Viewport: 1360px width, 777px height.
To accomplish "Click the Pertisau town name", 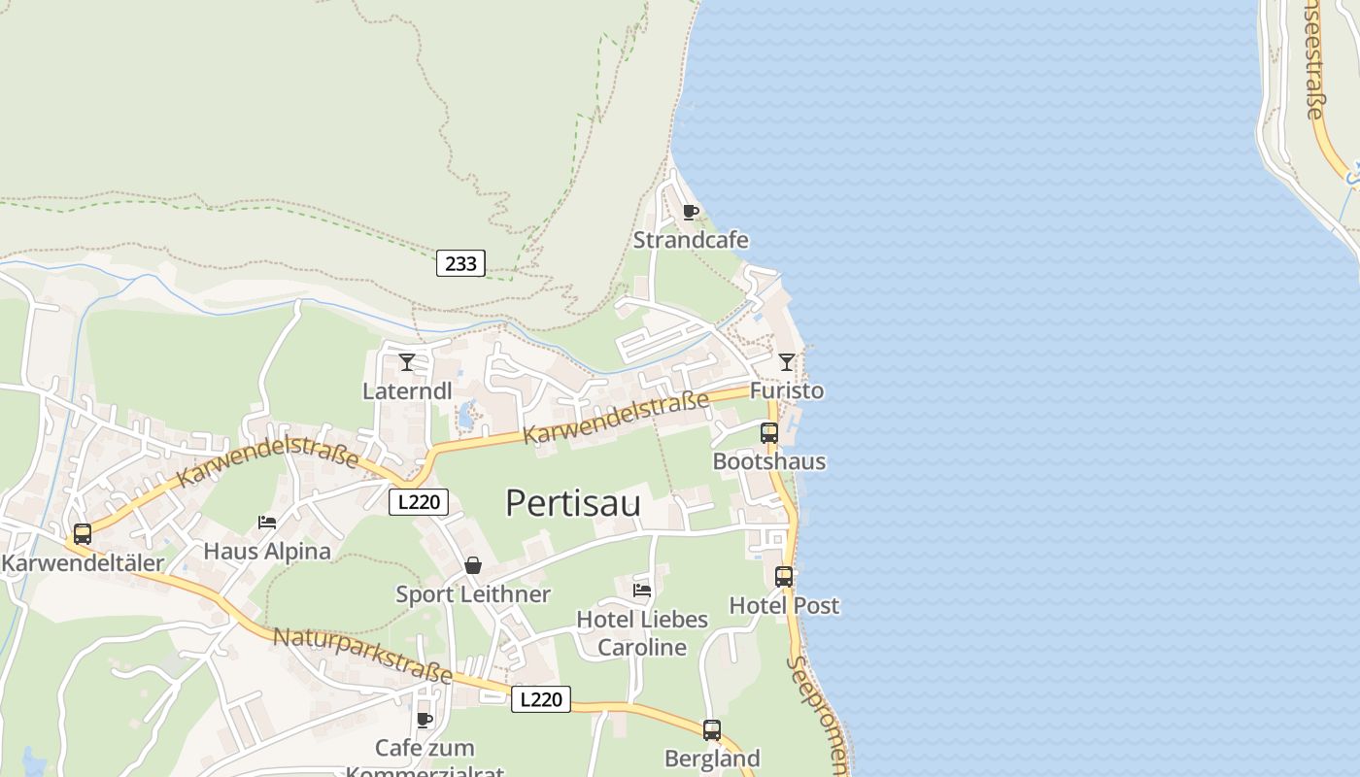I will pyautogui.click(x=573, y=503).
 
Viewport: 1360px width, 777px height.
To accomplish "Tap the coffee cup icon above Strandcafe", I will pyautogui.click(x=691, y=213).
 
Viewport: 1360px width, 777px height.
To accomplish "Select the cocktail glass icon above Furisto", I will pyautogui.click(x=787, y=362).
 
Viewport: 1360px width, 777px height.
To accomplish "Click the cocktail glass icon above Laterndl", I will pyautogui.click(x=407, y=363).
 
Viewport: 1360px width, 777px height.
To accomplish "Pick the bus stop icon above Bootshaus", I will pyautogui.click(x=769, y=433).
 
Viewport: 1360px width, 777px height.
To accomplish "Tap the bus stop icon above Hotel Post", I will pyautogui.click(x=784, y=577).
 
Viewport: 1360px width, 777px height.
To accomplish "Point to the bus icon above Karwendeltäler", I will pyautogui.click(x=83, y=533).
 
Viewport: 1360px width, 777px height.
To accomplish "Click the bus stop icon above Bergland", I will pyautogui.click(x=712, y=730).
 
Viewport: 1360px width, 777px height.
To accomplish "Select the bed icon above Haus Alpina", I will pyautogui.click(x=267, y=523).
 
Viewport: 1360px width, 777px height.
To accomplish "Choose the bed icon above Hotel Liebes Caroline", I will pyautogui.click(x=642, y=590).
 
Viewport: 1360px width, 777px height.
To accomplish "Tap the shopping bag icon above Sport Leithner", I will pyautogui.click(x=473, y=565).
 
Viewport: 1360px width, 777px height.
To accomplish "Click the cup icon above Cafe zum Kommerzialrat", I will pyautogui.click(x=425, y=720).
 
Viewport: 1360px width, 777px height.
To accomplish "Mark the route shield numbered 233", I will pyautogui.click(x=460, y=263).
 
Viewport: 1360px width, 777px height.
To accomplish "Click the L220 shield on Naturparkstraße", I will pyautogui.click(x=541, y=699).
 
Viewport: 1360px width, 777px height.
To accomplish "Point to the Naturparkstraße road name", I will pyautogui.click(x=362, y=656).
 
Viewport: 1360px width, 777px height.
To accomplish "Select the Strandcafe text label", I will pyautogui.click(x=691, y=240).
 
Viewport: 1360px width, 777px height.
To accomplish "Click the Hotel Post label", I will pyautogui.click(x=784, y=605).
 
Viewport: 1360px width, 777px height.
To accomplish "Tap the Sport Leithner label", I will pyautogui.click(x=473, y=593).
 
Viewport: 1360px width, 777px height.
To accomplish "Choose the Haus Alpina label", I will pyautogui.click(x=267, y=551).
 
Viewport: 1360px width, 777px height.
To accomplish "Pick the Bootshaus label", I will pyautogui.click(x=769, y=461).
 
